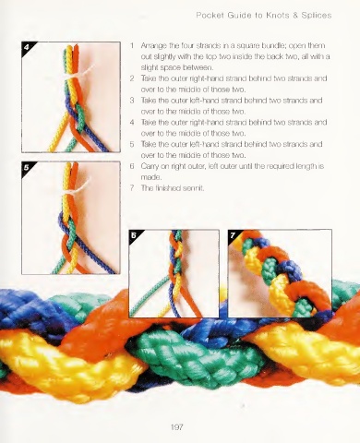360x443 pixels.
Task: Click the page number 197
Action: (x=177, y=427)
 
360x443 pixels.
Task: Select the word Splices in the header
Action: (x=317, y=16)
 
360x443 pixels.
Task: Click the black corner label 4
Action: (x=27, y=47)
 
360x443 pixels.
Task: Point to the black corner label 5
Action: (x=27, y=167)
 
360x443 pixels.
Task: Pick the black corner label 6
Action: (x=134, y=235)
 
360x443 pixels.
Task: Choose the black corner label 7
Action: (x=233, y=235)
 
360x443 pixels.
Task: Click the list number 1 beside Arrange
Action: (x=132, y=46)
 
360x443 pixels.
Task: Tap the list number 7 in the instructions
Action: (x=132, y=188)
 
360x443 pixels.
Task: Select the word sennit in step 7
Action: (x=193, y=188)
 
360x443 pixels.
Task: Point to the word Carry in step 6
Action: (x=149, y=166)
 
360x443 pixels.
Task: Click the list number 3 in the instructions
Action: (x=132, y=101)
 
